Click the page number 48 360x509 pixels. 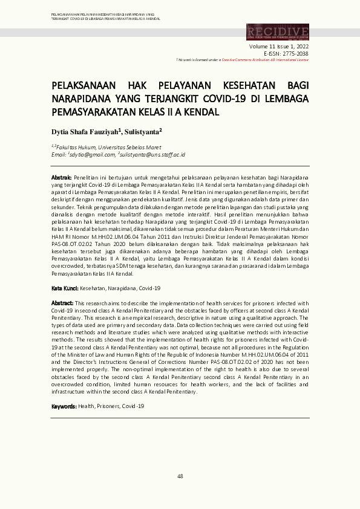(x=180, y=476)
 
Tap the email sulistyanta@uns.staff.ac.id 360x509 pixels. (x=152, y=155)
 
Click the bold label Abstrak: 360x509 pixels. (x=61, y=176)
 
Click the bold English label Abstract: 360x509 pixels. (x=62, y=302)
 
